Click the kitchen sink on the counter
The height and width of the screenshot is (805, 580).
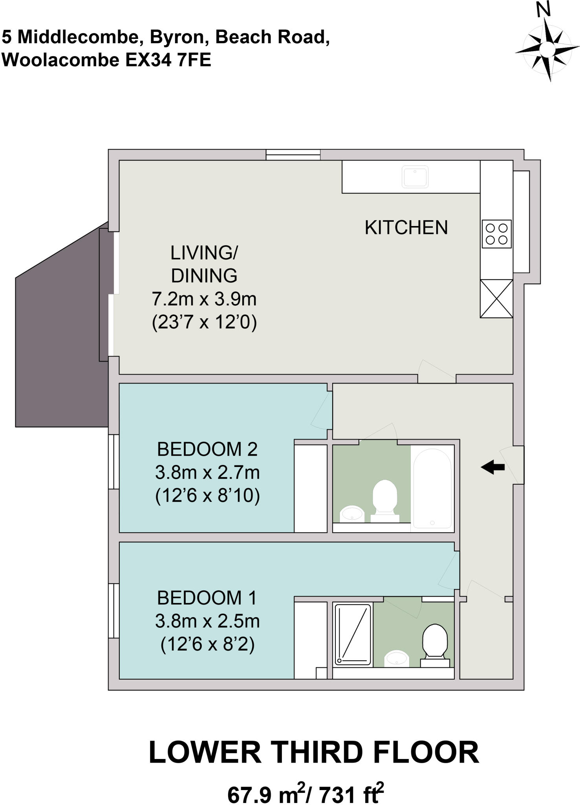click(x=415, y=177)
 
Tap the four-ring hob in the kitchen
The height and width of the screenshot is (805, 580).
click(x=496, y=233)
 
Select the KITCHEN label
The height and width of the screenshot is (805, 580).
click(x=406, y=228)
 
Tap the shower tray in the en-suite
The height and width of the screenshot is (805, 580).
click(x=353, y=635)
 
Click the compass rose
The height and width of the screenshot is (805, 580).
click(x=547, y=49)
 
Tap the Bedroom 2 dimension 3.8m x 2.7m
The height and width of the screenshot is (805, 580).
click(x=207, y=472)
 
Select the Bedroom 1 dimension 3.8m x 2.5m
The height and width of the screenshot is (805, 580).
click(x=207, y=621)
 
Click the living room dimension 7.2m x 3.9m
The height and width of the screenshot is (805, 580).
click(x=204, y=299)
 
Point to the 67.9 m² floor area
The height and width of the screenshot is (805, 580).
click(x=267, y=794)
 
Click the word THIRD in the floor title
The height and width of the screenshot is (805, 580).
click(x=317, y=752)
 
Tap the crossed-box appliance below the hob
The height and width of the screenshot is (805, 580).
click(x=496, y=298)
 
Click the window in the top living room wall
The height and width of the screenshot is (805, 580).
click(x=293, y=154)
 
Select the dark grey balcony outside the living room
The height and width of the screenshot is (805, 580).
click(x=59, y=346)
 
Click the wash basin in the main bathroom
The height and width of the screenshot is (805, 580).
click(x=352, y=513)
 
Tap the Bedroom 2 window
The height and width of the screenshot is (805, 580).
click(x=113, y=461)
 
